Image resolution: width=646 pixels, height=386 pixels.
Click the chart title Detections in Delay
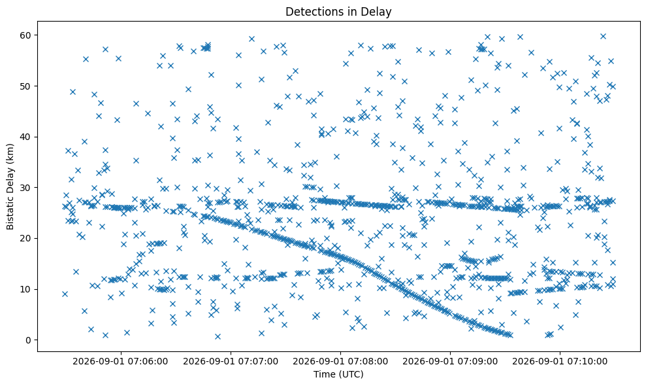coord(338,12)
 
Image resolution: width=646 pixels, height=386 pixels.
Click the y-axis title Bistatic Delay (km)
coord(10,187)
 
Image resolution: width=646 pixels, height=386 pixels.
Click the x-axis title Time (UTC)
coord(338,374)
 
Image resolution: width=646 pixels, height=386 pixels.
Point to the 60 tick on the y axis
coord(26,35)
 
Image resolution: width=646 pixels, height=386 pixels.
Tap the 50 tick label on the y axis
coord(26,86)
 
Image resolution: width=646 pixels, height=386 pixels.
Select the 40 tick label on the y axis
coord(26,137)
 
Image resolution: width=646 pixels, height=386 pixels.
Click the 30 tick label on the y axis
coord(26,187)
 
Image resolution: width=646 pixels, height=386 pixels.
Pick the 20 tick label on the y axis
coord(26,238)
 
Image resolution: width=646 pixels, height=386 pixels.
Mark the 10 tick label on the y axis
coord(26,289)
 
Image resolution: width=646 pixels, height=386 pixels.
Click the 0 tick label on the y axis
coord(29,340)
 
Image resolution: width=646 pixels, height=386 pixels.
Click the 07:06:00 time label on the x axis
coord(120,362)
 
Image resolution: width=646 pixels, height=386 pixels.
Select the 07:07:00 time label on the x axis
coord(231,362)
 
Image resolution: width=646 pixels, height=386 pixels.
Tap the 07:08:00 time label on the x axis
coord(340,362)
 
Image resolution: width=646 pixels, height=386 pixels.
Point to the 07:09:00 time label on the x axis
coord(450,362)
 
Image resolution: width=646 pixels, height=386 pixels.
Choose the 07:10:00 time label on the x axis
coord(560,362)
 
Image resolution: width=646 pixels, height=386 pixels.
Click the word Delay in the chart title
coord(378,12)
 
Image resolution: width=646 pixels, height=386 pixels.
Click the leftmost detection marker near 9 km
coord(65,294)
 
